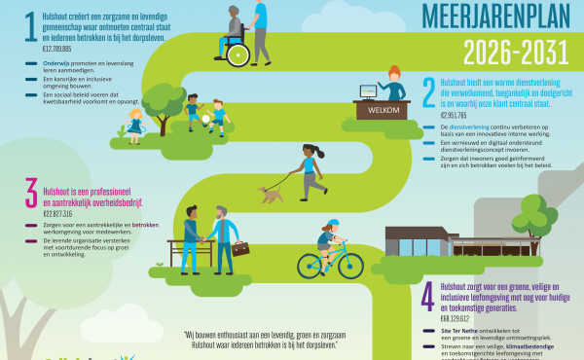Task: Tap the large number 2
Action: coord(428,90)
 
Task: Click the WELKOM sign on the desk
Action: coord(375,110)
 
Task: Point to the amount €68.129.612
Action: coord(461,317)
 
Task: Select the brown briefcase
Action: coord(240,249)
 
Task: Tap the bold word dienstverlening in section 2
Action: coord(467,126)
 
